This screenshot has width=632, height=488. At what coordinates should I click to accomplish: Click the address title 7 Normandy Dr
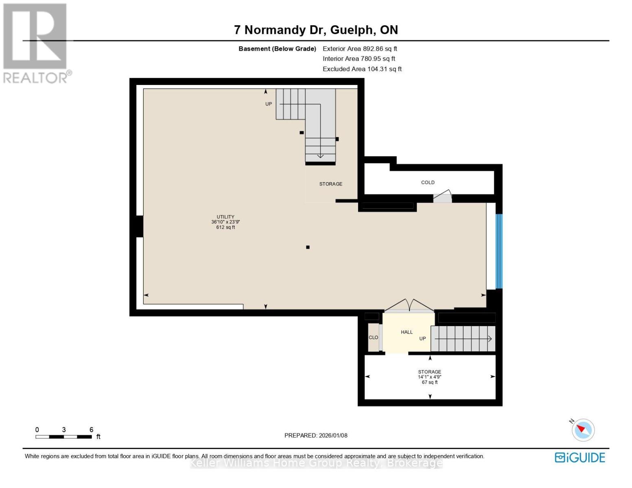click(x=316, y=30)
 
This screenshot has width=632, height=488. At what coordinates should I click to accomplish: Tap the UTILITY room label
click(x=225, y=217)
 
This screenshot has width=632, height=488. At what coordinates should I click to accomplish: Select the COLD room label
click(x=428, y=183)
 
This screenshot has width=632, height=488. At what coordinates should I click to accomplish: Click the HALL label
click(x=407, y=332)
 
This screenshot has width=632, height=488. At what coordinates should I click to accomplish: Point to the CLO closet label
click(x=373, y=338)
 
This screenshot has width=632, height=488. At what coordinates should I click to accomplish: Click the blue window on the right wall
click(x=499, y=251)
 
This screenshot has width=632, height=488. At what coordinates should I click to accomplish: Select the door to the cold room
click(x=443, y=196)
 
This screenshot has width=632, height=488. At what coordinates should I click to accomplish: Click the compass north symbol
click(x=583, y=429)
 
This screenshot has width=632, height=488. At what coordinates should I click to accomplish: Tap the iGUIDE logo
click(x=580, y=457)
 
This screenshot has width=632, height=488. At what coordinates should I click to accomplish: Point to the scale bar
click(x=63, y=437)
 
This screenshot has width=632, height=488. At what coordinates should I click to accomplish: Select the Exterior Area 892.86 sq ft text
click(x=360, y=48)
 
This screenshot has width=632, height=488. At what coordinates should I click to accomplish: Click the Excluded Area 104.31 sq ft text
click(x=362, y=69)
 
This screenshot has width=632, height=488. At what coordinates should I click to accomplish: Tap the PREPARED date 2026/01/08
click(x=316, y=436)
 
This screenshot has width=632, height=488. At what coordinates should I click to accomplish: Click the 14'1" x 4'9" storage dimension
click(x=429, y=377)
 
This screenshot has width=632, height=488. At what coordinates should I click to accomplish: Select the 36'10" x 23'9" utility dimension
click(x=225, y=222)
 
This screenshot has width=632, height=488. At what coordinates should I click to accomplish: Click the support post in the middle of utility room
click(x=308, y=247)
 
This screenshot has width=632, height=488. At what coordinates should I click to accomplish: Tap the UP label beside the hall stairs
click(x=423, y=338)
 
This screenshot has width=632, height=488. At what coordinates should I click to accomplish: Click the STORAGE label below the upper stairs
click(x=330, y=184)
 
